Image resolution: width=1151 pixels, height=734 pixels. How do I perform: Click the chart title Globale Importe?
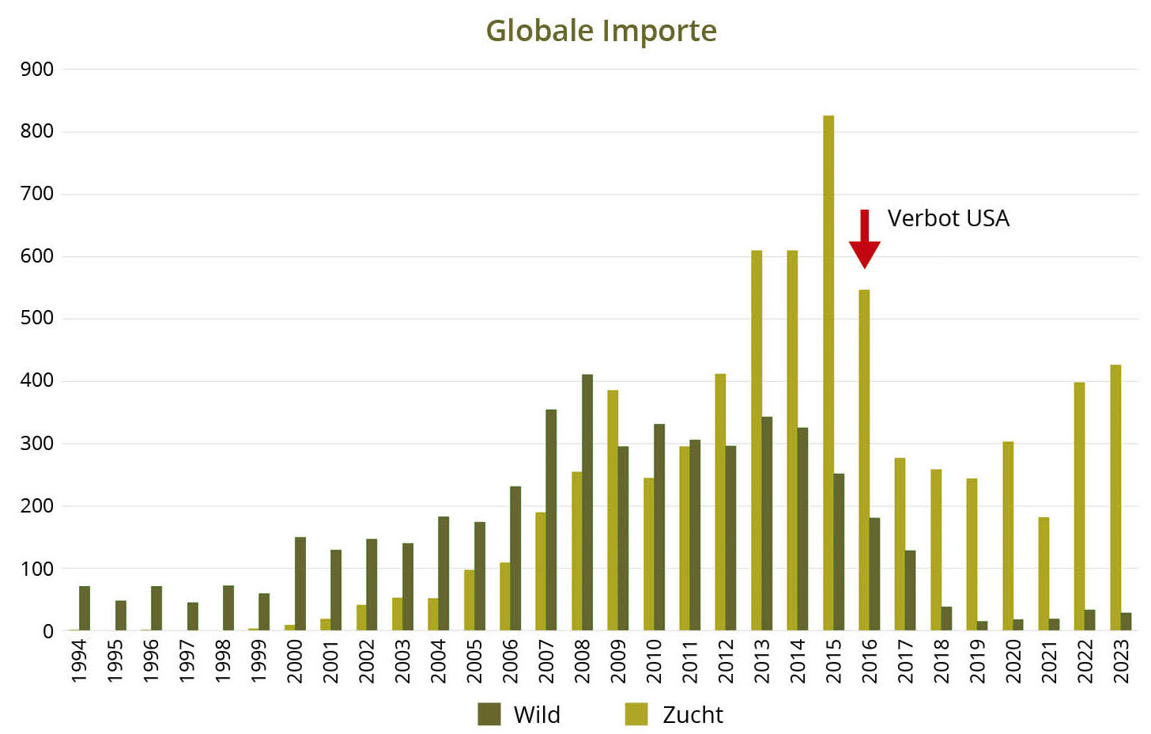point(601,32)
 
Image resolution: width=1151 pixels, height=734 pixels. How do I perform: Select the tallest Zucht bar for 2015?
point(828,372)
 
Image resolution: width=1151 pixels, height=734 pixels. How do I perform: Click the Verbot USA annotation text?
point(948,218)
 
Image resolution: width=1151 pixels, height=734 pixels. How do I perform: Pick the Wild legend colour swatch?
point(489,713)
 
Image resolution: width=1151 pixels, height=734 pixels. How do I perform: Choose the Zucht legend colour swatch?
point(636,713)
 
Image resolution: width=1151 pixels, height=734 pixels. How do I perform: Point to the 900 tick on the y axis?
point(37,70)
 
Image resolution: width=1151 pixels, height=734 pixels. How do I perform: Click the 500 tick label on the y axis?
point(37,319)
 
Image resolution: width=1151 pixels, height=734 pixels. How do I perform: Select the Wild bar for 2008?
point(587,502)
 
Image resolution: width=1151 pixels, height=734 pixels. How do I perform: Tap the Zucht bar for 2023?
point(1115,498)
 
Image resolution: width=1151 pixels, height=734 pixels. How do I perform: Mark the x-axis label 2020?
point(1013,661)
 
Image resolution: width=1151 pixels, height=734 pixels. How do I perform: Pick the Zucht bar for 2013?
point(757,441)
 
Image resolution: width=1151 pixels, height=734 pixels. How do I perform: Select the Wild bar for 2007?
point(551,520)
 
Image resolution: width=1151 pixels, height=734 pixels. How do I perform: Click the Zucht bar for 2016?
point(864,460)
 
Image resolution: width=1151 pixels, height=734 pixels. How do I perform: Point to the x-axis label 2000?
point(295,661)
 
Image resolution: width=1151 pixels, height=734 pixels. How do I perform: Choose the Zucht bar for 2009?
point(613,510)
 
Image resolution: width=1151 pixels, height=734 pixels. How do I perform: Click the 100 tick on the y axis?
point(37,569)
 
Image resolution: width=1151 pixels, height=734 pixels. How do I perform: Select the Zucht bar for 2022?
point(1079,506)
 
